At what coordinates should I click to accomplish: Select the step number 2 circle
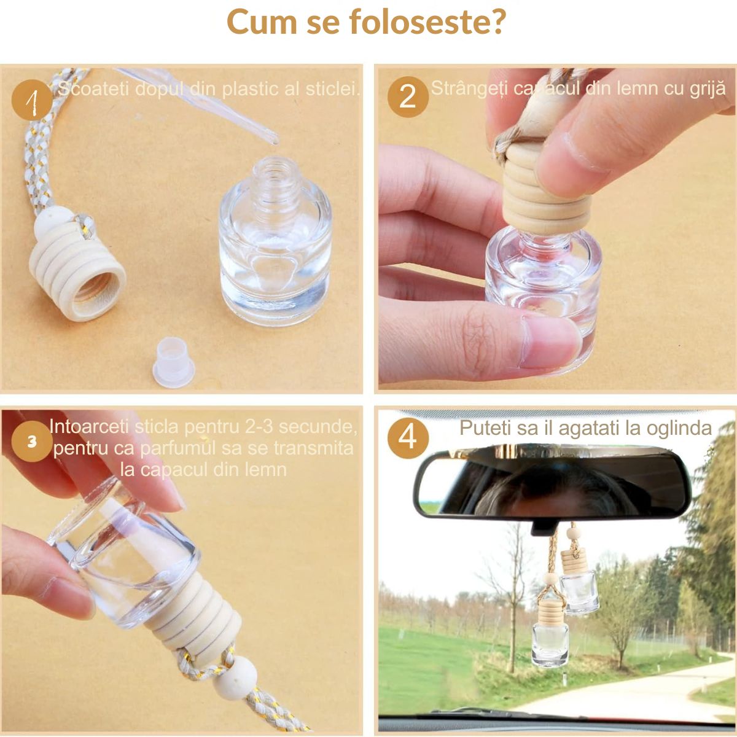pyautogui.click(x=407, y=96)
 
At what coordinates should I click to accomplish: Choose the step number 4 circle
pyautogui.click(x=407, y=438)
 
